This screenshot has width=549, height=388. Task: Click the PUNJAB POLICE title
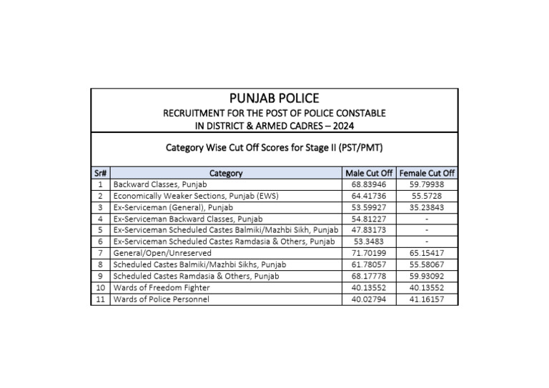tap(274, 99)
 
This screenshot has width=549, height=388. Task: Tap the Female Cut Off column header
tap(427, 173)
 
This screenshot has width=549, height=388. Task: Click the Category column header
tap(226, 173)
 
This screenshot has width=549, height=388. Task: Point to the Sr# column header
tap(101, 173)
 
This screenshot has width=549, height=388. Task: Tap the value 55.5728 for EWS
tap(427, 196)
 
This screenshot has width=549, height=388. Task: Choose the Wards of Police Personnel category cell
tap(162, 299)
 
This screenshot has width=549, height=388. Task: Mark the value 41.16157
tap(427, 299)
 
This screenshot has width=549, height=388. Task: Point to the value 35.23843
tap(427, 207)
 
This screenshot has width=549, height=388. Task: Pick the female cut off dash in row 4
tap(427, 219)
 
